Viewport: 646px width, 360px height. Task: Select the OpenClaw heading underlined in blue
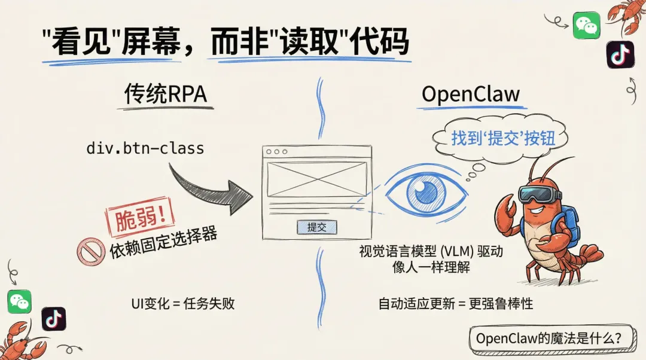(x=470, y=94)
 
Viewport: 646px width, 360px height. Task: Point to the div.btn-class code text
(x=145, y=148)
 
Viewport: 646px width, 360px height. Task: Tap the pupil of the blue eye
(x=425, y=191)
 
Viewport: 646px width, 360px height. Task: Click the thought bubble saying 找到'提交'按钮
(x=503, y=139)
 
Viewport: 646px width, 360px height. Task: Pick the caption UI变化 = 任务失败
(x=182, y=303)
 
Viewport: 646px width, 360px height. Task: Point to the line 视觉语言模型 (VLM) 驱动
(x=430, y=252)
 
